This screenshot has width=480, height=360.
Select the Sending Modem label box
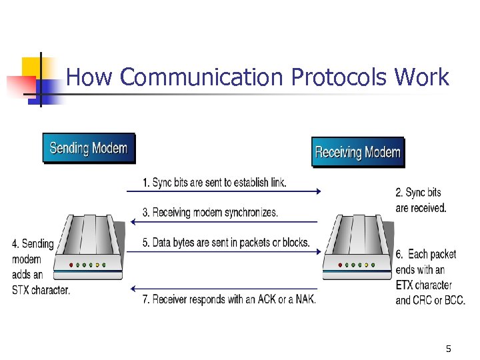pyautogui.click(x=89, y=149)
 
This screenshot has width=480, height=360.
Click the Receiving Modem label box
pyautogui.click(x=357, y=153)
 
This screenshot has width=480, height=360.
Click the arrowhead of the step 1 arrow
pyautogui.click(x=318, y=191)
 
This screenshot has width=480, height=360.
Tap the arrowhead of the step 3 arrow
pyautogui.click(x=129, y=222)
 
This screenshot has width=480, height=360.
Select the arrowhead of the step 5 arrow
pyautogui.click(x=318, y=252)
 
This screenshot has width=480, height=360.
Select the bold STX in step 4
pyautogui.click(x=22, y=290)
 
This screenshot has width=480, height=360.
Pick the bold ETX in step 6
pyautogui.click(x=405, y=285)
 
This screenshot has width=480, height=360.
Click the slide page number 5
pyautogui.click(x=448, y=348)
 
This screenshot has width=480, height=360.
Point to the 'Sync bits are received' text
pyautogui.click(x=421, y=200)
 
